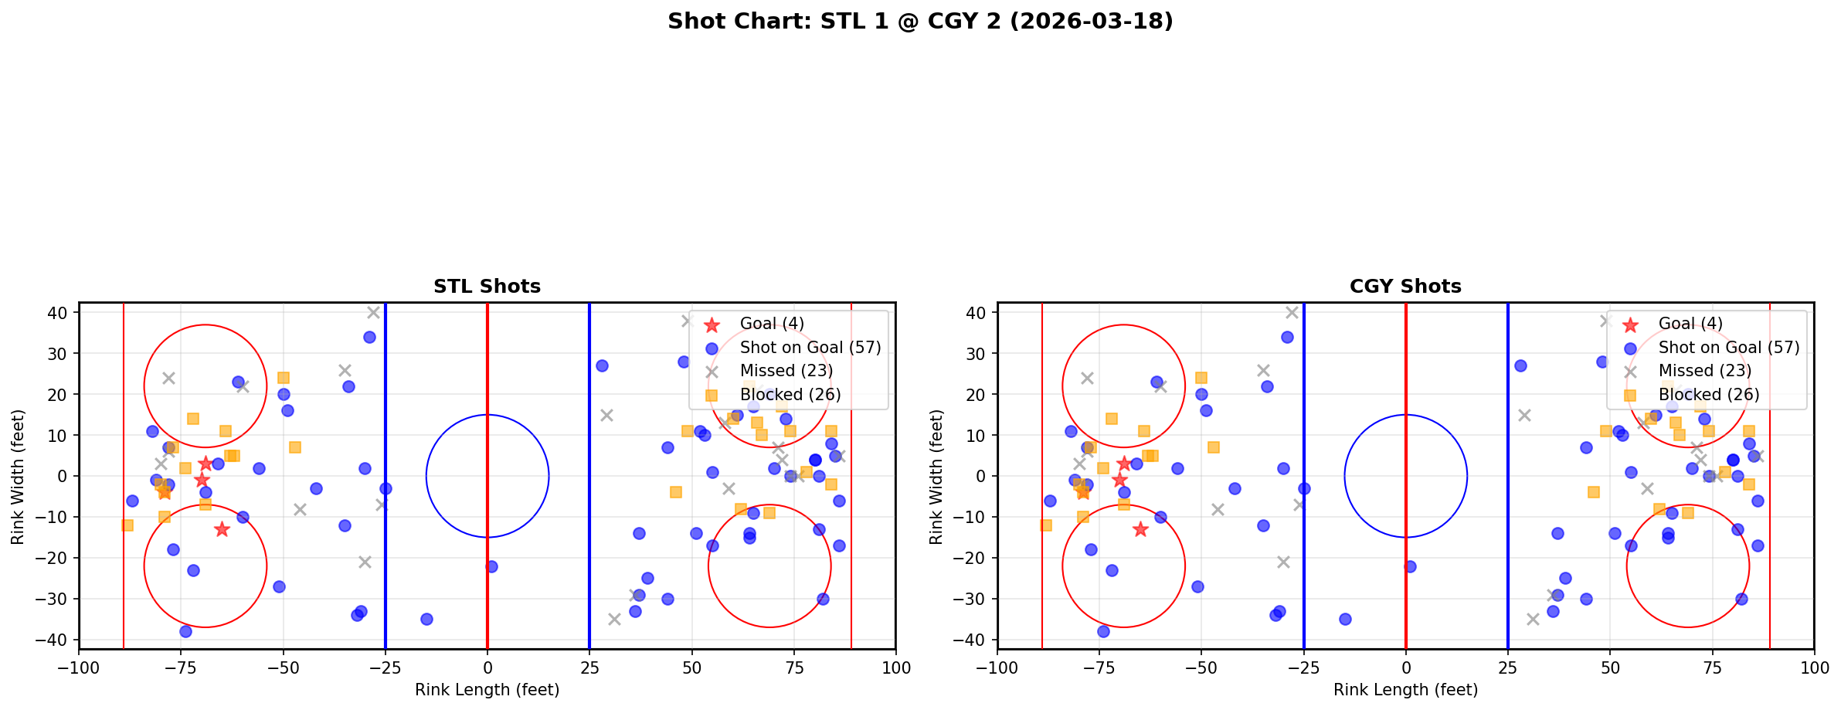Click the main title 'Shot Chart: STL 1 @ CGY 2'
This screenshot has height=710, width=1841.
tap(920, 21)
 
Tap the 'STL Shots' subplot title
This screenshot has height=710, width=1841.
tap(487, 287)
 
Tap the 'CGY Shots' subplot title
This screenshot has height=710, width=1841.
tap(1405, 287)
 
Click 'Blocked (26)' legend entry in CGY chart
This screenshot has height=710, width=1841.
tap(1708, 395)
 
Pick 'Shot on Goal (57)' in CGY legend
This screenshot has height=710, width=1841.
tap(1728, 348)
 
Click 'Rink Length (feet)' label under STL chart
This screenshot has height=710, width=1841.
tap(487, 690)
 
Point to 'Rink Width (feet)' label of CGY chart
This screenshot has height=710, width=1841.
tap(936, 476)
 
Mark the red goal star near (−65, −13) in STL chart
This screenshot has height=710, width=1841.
tap(222, 529)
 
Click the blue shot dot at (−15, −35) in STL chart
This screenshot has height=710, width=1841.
tap(426, 619)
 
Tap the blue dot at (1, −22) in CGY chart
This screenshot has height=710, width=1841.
tap(1410, 566)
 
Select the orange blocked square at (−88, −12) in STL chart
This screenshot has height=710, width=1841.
tap(127, 525)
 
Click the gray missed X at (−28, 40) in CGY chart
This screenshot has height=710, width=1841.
tap(1292, 312)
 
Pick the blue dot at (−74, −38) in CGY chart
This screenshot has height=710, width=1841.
tap(1103, 631)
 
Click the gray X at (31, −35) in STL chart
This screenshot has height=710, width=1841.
tap(614, 619)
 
